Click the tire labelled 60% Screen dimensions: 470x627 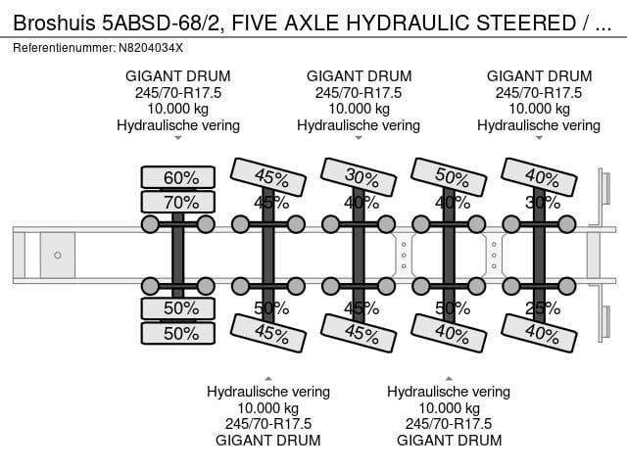pyautogui.click(x=177, y=177)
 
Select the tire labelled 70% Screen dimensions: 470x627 pyautogui.click(x=177, y=203)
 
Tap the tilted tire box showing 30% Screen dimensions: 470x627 pyautogui.click(x=362, y=175)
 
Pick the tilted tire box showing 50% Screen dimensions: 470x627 pyautogui.click(x=452, y=176)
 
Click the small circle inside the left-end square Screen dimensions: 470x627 pyautogui.click(x=58, y=256)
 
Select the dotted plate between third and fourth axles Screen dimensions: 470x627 pyautogui.click(x=403, y=254)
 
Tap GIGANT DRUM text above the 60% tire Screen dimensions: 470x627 pyautogui.click(x=178, y=75)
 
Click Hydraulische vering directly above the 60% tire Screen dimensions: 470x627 pyautogui.click(x=178, y=125)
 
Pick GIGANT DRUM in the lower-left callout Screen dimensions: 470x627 pyautogui.click(x=268, y=440)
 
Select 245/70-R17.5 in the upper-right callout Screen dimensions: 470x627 pyautogui.click(x=539, y=92)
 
